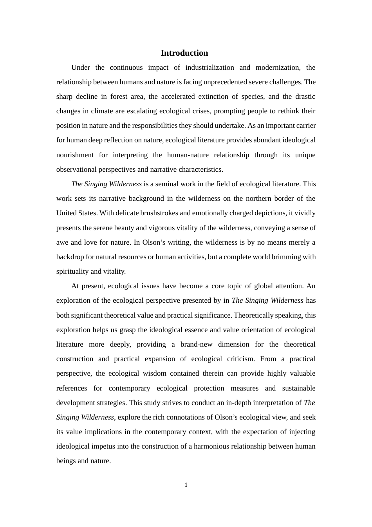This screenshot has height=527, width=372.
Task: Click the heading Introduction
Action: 184,53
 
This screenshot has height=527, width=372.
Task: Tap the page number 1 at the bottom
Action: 186,485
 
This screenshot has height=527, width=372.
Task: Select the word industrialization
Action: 209,67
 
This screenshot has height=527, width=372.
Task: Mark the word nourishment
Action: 75,155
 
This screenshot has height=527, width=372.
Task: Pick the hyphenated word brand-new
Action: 196,344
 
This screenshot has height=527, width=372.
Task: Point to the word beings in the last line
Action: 66,461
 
